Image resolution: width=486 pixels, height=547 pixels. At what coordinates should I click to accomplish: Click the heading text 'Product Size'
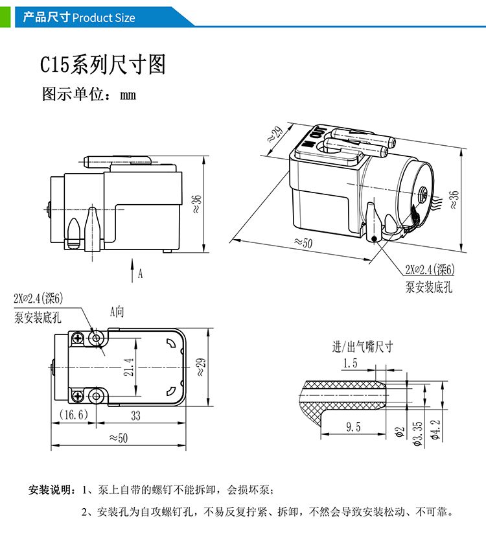(104, 17)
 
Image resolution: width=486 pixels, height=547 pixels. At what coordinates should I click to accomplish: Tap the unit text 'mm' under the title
(128, 95)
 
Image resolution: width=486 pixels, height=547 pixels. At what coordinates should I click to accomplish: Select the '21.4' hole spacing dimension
(130, 367)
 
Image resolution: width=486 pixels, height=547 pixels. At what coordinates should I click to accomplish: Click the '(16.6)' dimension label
(73, 415)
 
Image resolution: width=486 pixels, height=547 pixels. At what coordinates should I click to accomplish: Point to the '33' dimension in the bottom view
(135, 415)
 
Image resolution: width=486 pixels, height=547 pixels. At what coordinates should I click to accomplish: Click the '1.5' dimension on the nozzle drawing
(350, 364)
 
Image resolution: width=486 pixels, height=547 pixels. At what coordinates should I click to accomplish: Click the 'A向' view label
(117, 312)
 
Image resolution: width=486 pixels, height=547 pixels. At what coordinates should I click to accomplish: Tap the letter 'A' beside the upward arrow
(140, 274)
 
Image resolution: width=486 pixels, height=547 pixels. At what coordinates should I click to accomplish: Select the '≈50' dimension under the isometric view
(303, 243)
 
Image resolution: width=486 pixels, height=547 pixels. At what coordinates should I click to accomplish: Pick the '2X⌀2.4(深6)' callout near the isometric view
(430, 270)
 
